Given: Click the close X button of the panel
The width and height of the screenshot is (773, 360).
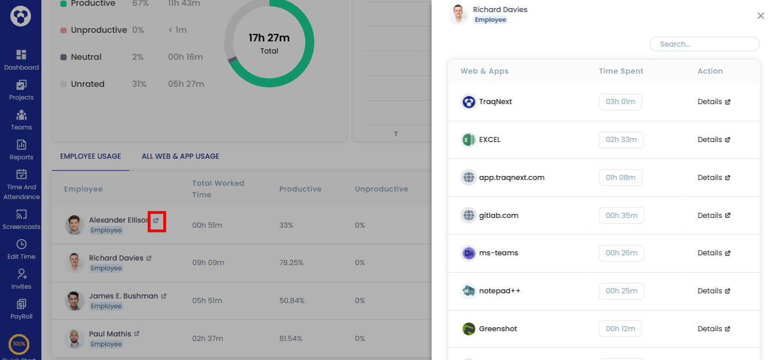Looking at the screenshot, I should click(760, 16).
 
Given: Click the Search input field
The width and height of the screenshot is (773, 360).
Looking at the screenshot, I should click(704, 44).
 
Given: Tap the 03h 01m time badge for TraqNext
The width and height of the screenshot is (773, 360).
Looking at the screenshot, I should click(620, 102).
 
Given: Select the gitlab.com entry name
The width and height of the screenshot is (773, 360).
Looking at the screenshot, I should click(498, 216).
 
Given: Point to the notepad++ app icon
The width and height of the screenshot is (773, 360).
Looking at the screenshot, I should click(469, 291).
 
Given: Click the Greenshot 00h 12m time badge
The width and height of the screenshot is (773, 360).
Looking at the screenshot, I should click(620, 329).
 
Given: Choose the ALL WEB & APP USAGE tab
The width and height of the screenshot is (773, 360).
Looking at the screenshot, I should click(180, 156).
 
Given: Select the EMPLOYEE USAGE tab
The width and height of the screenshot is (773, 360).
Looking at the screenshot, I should click(90, 156).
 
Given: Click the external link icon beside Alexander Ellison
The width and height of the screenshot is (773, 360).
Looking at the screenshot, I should click(156, 221).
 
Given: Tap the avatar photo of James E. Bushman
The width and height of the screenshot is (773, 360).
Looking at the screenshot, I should click(74, 301).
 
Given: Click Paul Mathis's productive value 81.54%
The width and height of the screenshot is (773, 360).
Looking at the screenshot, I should click(290, 339).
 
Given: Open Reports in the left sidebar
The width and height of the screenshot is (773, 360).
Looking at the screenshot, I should click(21, 149).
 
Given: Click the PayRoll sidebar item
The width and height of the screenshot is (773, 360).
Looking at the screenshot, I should click(21, 308).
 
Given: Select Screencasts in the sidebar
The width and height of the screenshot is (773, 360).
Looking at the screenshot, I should click(21, 219).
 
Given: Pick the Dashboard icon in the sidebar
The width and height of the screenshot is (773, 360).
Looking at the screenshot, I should click(21, 55).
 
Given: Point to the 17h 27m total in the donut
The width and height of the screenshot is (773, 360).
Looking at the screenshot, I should click(269, 39).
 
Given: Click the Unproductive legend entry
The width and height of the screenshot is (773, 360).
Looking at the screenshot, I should click(98, 30).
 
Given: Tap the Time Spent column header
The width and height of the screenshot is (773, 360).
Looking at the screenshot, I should click(621, 71).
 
